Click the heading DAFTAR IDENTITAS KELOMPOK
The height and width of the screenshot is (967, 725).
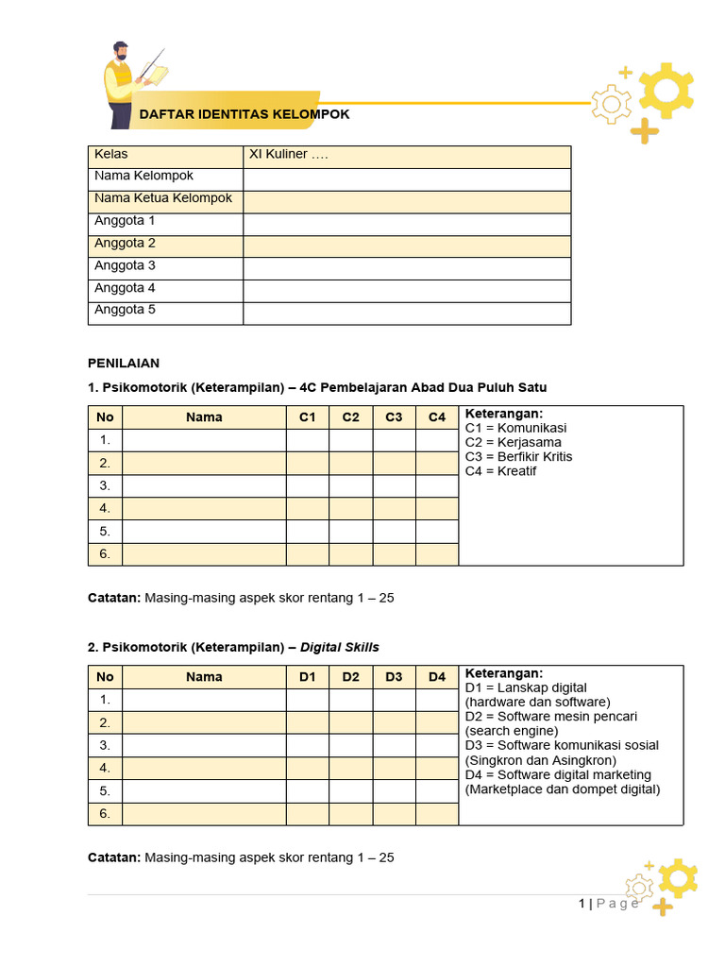coord(244,114)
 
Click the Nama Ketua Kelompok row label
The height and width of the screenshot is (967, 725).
coord(163,199)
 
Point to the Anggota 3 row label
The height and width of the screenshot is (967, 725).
coord(125,266)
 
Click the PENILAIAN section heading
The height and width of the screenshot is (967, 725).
coord(124,363)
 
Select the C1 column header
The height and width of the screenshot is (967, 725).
coord(308,417)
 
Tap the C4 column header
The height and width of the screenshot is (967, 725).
coord(437,417)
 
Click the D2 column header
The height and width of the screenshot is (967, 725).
coord(351,677)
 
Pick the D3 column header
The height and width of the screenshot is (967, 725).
coord(394,677)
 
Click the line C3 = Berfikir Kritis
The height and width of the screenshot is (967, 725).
coord(518,457)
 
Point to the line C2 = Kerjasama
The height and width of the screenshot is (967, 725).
coord(513,443)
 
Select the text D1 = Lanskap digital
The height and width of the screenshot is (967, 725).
coord(526,687)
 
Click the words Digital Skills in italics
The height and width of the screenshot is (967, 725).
coord(340,647)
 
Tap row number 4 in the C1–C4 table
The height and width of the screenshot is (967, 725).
coord(105,509)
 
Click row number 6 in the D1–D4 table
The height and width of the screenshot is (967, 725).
coord(105,814)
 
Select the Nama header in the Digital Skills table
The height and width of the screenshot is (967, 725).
coord(204,677)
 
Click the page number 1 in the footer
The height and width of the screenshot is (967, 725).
coord(582,904)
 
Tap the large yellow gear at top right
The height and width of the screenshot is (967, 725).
coord(666,90)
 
